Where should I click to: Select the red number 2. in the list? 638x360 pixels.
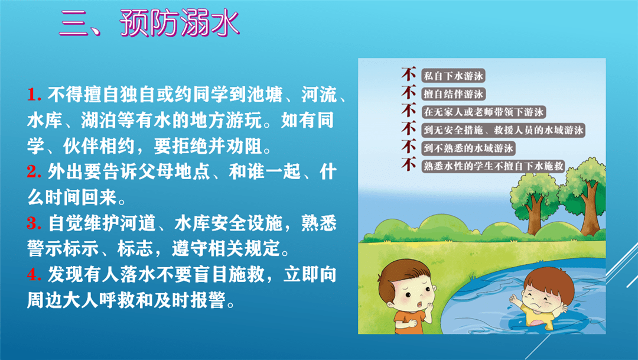click(x=34, y=173)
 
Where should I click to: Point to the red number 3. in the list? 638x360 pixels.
click(x=34, y=225)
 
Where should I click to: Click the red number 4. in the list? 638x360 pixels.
click(x=34, y=275)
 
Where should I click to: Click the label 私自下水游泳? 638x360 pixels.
click(x=454, y=76)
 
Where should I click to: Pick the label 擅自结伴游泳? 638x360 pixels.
click(x=454, y=93)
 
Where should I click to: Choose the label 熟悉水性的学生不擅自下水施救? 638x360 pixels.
click(x=494, y=166)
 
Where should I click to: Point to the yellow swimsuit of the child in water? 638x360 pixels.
click(x=541, y=322)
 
